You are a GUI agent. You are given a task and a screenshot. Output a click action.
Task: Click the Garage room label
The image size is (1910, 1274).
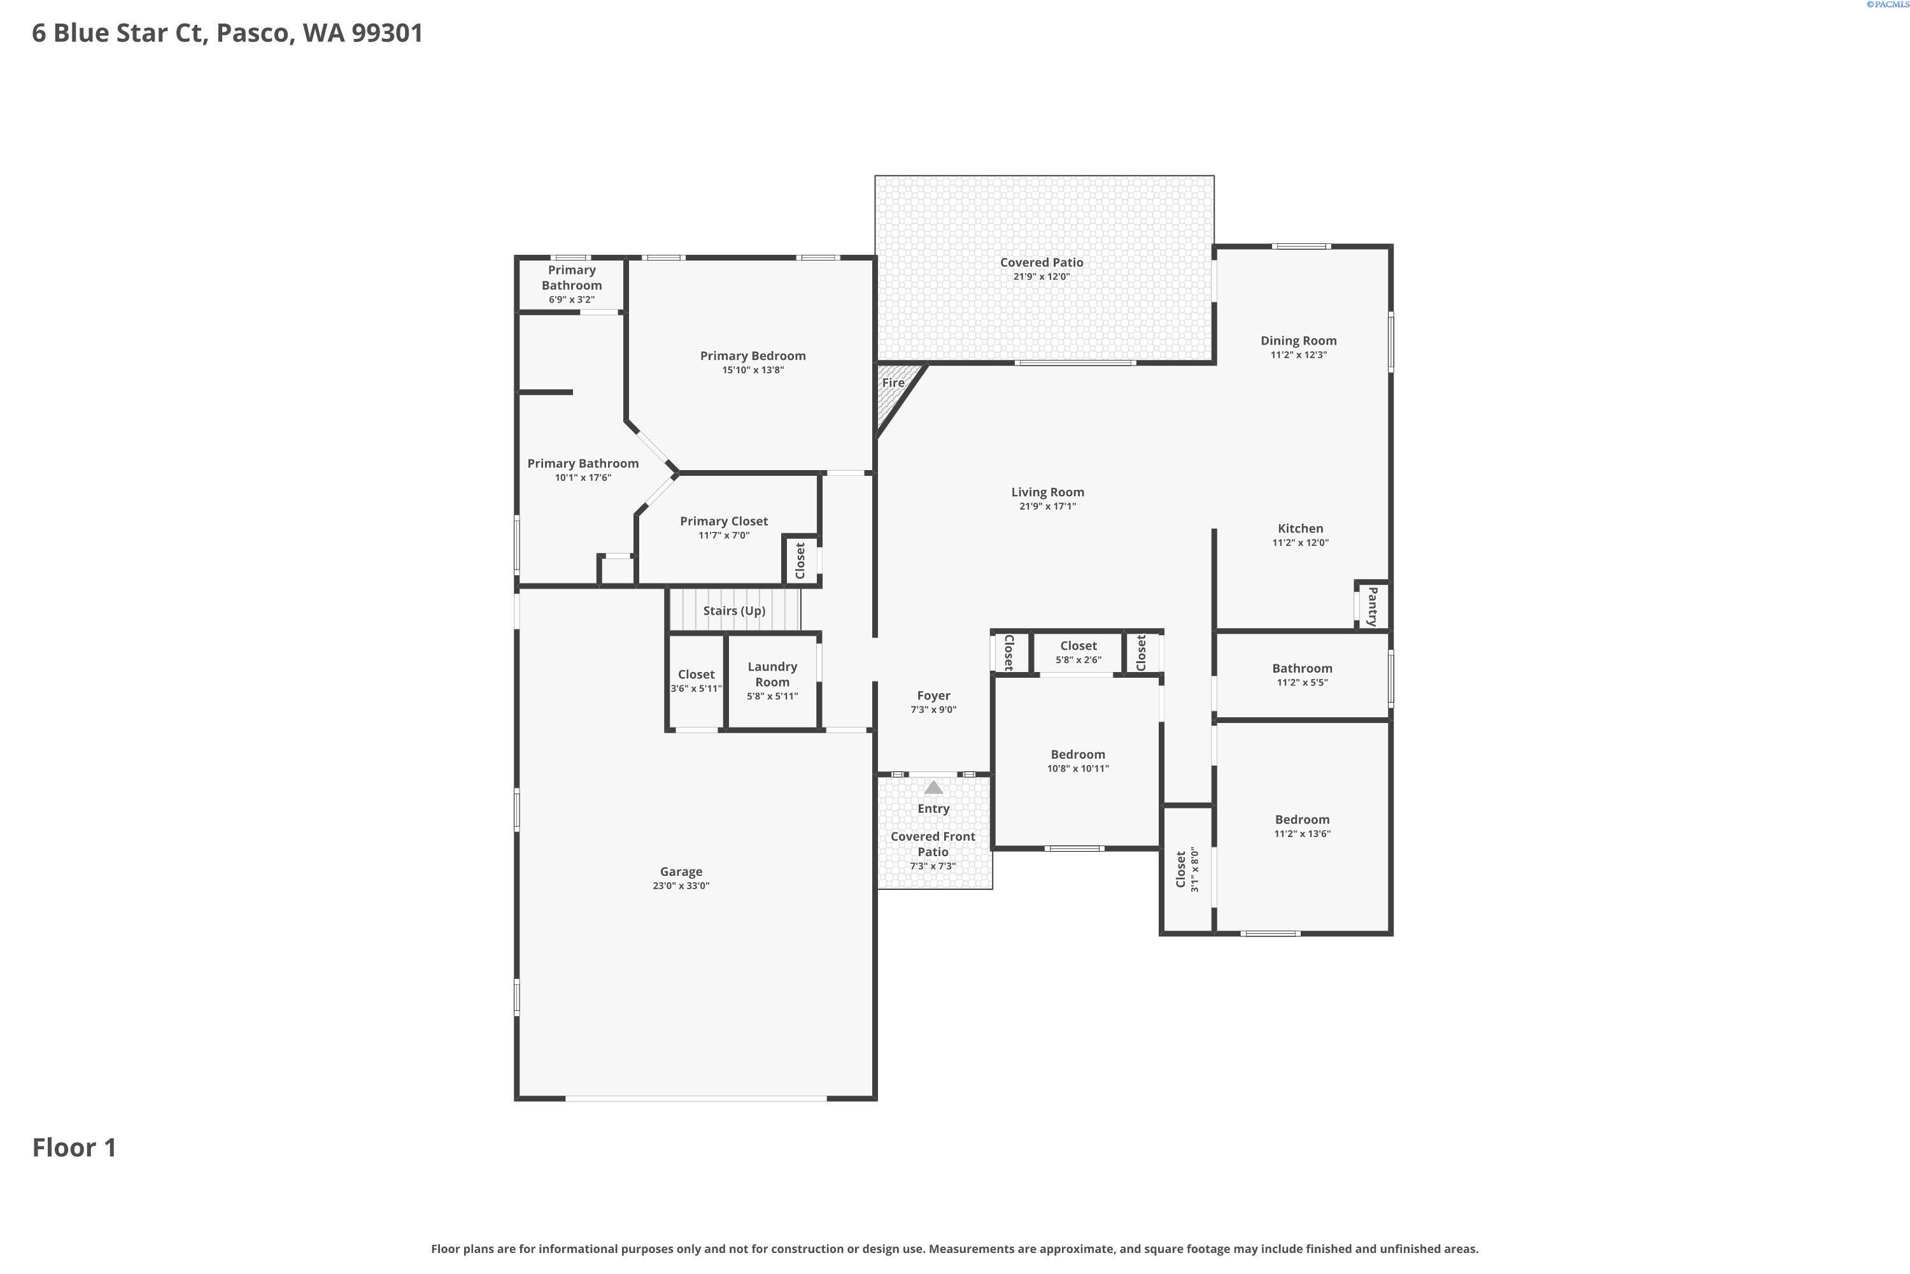click(x=681, y=872)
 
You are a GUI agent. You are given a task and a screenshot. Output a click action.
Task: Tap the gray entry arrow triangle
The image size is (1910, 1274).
click(x=934, y=787)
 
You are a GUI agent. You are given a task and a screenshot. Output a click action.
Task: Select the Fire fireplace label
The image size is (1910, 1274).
click(x=893, y=383)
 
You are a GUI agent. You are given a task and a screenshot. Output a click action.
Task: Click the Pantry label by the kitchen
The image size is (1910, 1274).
click(x=1373, y=607)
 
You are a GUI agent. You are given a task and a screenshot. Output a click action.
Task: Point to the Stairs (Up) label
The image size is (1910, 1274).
click(x=734, y=611)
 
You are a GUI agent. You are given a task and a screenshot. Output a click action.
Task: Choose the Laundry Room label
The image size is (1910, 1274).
click(x=772, y=675)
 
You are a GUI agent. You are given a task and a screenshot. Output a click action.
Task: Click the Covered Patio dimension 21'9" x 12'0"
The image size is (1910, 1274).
click(x=1041, y=276)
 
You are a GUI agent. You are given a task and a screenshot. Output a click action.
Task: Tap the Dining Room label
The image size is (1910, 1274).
click(x=1299, y=340)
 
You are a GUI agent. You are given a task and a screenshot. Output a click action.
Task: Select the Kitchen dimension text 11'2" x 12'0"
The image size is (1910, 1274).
click(x=1300, y=543)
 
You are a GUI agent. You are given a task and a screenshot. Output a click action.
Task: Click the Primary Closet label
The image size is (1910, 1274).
click(x=723, y=522)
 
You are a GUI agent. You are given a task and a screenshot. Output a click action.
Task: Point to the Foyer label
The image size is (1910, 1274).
click(x=934, y=696)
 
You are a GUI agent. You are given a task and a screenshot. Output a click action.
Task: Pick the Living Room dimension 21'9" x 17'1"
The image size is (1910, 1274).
click(x=1047, y=506)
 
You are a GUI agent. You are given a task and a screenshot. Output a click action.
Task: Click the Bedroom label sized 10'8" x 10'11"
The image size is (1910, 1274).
click(x=1078, y=755)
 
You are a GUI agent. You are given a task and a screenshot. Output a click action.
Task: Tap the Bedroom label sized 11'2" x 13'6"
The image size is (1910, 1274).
click(x=1302, y=820)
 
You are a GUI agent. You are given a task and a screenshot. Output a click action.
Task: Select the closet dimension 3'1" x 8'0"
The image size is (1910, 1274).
click(x=1194, y=870)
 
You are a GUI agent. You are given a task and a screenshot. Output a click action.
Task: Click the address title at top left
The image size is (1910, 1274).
click(x=227, y=33)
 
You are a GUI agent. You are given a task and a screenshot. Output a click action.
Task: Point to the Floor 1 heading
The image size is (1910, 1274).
click(x=74, y=1147)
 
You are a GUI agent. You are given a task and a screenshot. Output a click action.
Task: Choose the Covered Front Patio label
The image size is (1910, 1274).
click(x=933, y=844)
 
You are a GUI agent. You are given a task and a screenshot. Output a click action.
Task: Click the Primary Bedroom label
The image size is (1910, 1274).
click(x=753, y=356)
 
